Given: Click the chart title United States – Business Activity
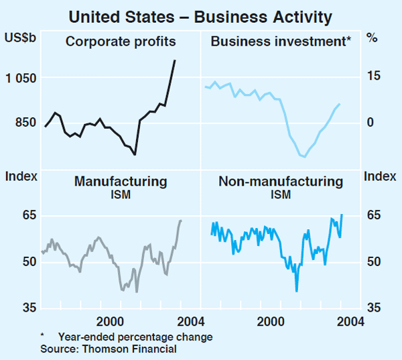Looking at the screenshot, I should tap(200, 14).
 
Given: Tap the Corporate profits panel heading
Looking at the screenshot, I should tap(121, 42).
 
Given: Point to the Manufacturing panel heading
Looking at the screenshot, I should tap(121, 181).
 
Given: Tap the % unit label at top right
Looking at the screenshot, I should tap(372, 39).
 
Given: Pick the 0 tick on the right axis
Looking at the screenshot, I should tap(368, 123).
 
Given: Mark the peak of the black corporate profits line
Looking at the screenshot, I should tap(175, 60).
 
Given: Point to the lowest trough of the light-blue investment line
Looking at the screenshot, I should tap(305, 157).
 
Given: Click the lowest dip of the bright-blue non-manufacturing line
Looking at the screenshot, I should tap(296, 291).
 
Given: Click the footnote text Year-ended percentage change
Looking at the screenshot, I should tap(135, 337).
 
